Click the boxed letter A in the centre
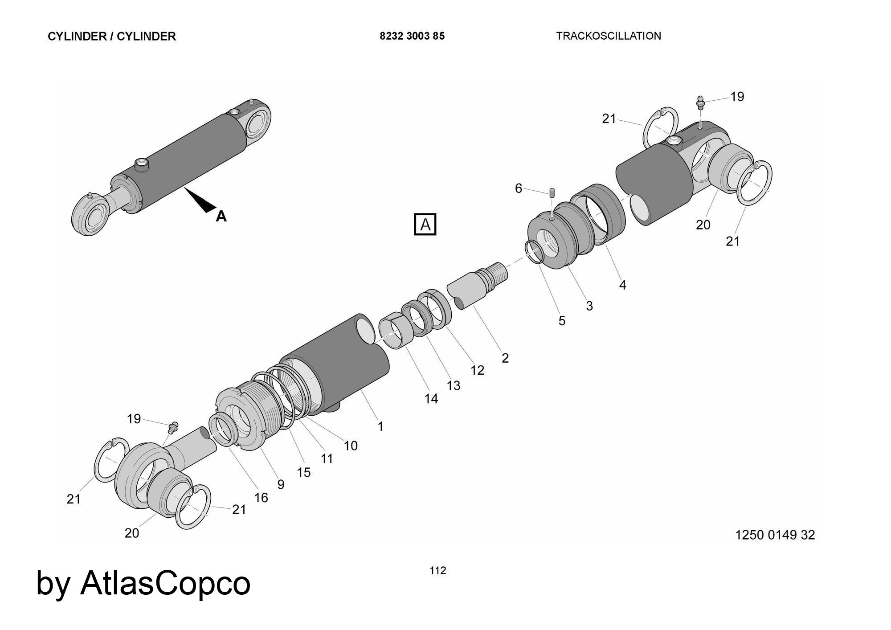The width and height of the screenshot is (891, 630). (425, 225)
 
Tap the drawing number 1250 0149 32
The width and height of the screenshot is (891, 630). (775, 535)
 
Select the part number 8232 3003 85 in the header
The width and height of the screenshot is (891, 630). (412, 36)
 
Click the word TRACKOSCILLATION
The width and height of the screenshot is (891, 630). (609, 36)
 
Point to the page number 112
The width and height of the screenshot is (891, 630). (438, 570)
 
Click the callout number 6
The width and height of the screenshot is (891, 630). (518, 188)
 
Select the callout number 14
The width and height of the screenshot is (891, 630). (431, 399)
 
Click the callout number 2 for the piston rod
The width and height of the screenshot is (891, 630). (505, 358)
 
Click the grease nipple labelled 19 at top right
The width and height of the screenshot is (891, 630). (700, 102)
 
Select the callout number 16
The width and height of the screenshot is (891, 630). (261, 498)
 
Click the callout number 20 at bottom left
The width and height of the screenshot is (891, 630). (132, 533)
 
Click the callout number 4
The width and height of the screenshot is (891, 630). (622, 285)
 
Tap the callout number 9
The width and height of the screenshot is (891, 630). (281, 484)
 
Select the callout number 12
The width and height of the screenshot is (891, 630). (477, 370)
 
